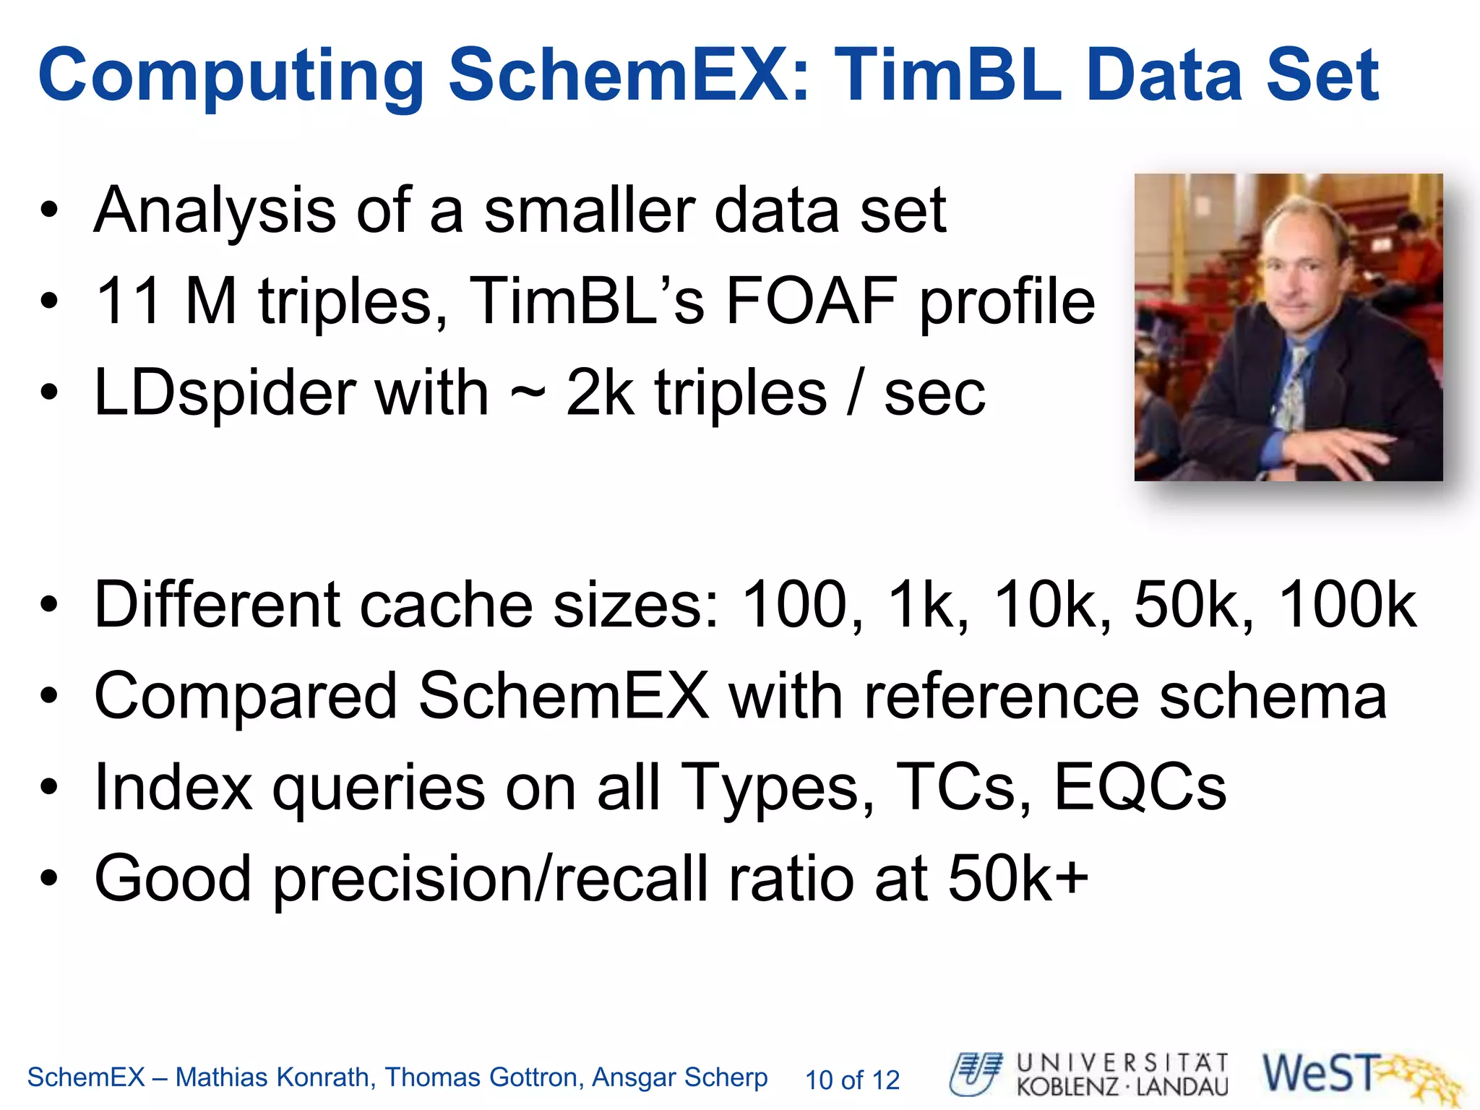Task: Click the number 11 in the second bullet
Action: point(128,301)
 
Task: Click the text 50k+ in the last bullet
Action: point(1017,879)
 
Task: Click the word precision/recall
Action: point(492,879)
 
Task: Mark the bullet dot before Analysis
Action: point(49,211)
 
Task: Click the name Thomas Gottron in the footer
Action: point(483,1077)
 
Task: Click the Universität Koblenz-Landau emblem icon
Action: point(976,1074)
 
